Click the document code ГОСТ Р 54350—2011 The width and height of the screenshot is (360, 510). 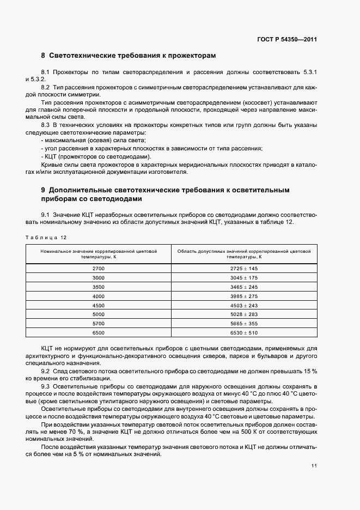coord(287,40)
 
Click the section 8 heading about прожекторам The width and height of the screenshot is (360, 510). coord(129,56)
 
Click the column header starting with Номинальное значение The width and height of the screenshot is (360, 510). coord(99,253)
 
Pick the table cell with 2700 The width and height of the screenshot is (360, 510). coord(99,269)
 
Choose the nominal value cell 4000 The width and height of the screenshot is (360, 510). coord(99,295)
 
